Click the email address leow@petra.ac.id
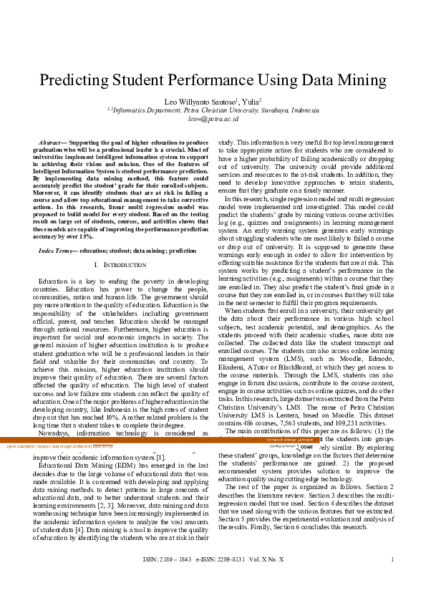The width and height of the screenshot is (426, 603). point(213,120)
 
